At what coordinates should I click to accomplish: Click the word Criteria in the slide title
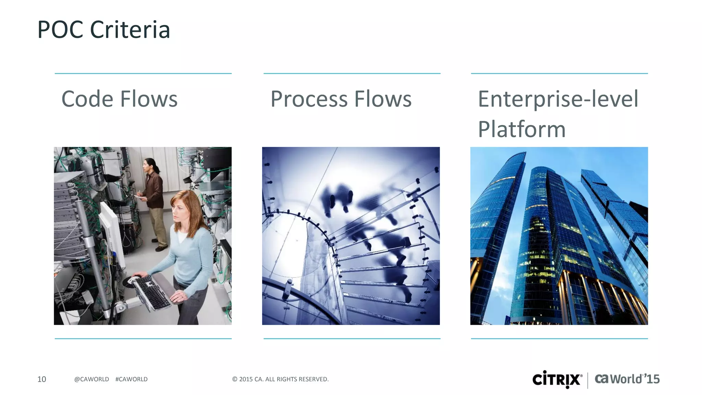pyautogui.click(x=130, y=30)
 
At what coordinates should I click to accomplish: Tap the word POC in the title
pyautogui.click(x=60, y=30)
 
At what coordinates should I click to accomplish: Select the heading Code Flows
pyautogui.click(x=119, y=99)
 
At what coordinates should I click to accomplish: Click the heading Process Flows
pyautogui.click(x=341, y=99)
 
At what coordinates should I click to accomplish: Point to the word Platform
pyautogui.click(x=521, y=129)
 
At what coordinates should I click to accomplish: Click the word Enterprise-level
pyautogui.click(x=558, y=99)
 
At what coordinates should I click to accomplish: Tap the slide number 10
pyautogui.click(x=41, y=379)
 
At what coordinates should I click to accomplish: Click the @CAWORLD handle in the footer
pyautogui.click(x=92, y=379)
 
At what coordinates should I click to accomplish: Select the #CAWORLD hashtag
pyautogui.click(x=131, y=379)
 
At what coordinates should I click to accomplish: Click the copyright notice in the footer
pyautogui.click(x=280, y=379)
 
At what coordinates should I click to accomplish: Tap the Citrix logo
pyautogui.click(x=557, y=380)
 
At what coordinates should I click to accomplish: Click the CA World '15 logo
pyautogui.click(x=627, y=379)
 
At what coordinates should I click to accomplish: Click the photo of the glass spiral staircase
pyautogui.click(x=351, y=236)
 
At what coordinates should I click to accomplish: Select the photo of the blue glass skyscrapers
pyautogui.click(x=559, y=236)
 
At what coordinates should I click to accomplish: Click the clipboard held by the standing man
pyautogui.click(x=139, y=196)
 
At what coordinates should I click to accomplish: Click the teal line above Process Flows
pyautogui.click(x=352, y=73)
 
